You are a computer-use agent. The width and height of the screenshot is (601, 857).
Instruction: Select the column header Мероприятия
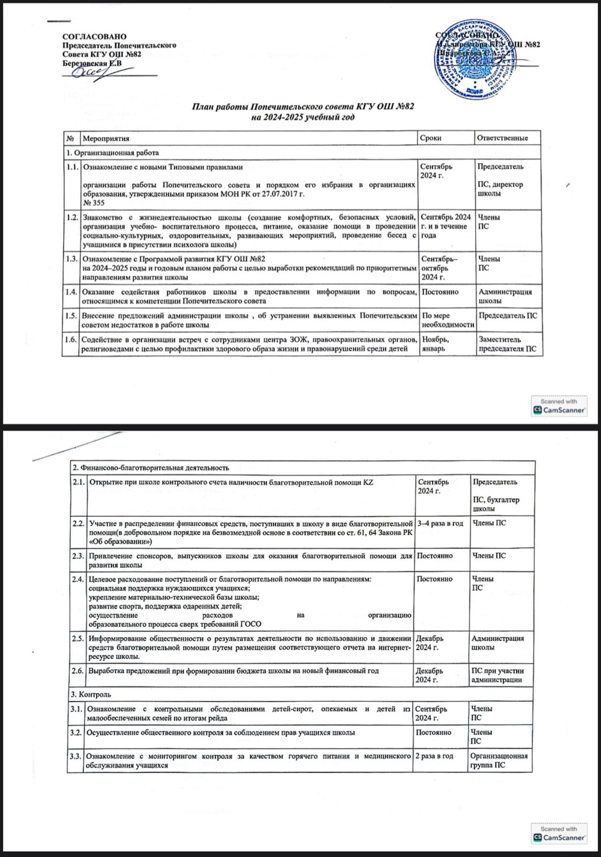(x=106, y=138)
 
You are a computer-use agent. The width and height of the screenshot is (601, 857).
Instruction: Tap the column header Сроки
(x=431, y=138)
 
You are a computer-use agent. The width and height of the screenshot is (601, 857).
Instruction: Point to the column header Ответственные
(x=502, y=138)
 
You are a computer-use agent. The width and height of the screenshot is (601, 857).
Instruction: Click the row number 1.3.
(x=71, y=259)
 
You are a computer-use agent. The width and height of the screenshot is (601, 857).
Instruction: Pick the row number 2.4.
(x=78, y=579)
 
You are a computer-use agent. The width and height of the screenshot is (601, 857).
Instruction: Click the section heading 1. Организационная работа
(x=112, y=153)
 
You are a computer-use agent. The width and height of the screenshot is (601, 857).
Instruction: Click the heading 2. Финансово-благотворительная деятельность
(x=151, y=468)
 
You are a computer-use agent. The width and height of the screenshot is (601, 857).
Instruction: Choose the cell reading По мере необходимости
(x=448, y=320)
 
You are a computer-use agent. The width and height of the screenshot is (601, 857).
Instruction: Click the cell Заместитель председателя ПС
(x=507, y=344)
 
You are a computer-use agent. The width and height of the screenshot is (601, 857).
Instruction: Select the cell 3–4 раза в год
(x=440, y=523)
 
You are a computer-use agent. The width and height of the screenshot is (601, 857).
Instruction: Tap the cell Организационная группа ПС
(x=498, y=761)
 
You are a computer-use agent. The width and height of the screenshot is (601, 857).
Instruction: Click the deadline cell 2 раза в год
(x=434, y=756)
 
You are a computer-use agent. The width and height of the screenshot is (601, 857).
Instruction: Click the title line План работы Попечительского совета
(x=303, y=107)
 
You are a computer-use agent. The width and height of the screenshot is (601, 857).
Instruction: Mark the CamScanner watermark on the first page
(x=559, y=407)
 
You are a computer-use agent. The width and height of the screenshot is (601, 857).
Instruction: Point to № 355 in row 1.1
(x=94, y=202)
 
